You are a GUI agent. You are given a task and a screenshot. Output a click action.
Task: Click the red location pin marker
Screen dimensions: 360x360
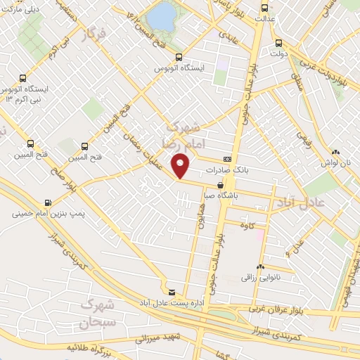pyautogui.click(x=181, y=165)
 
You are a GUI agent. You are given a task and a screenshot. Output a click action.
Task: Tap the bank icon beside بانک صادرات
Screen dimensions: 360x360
pyautogui.click(x=227, y=159)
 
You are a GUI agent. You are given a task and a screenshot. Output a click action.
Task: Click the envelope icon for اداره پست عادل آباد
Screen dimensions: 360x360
pyautogui.click(x=172, y=291)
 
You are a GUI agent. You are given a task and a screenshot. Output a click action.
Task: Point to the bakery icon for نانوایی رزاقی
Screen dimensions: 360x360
pyautogui.click(x=260, y=267)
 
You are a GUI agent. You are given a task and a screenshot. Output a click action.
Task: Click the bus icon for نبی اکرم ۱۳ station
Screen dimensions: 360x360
pyautogui.click(x=24, y=78)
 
